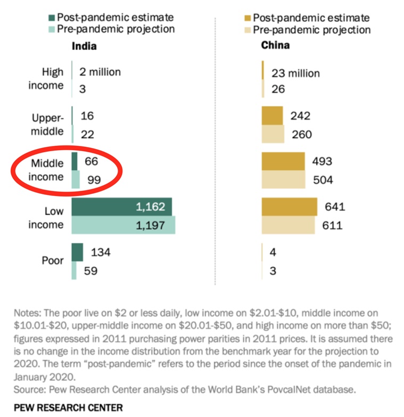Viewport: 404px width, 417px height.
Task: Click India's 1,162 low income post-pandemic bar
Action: tap(121, 206)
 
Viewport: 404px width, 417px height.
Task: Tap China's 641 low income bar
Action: tap(289, 206)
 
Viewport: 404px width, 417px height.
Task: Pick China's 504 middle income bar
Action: tap(284, 179)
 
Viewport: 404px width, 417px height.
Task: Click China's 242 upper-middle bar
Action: tap(273, 116)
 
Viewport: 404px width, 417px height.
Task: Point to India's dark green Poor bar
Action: tap(77, 252)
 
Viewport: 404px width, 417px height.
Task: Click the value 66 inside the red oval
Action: tap(92, 161)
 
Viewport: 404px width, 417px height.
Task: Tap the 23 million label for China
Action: tap(295, 73)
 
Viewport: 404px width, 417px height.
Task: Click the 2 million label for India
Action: tap(100, 71)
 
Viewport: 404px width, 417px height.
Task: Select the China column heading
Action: tap(275, 45)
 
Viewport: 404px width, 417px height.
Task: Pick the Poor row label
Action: tap(53, 261)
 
